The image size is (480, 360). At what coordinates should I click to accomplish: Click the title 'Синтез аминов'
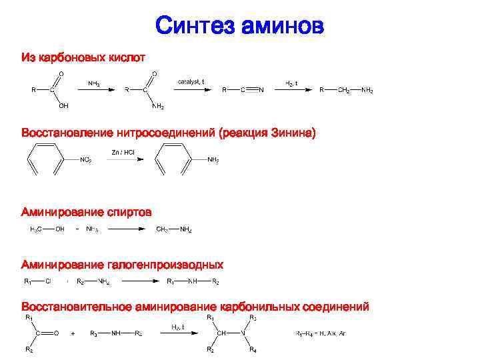tap(240, 26)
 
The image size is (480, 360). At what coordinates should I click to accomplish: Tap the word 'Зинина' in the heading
tap(293, 133)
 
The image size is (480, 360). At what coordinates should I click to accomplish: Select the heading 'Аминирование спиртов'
tap(87, 212)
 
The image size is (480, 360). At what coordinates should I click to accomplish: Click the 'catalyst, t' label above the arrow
tap(191, 81)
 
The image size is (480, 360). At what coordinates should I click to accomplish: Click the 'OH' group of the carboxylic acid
tap(63, 105)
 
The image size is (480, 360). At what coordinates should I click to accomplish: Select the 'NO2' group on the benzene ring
tap(85, 160)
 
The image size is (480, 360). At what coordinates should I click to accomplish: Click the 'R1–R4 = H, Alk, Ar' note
tap(321, 333)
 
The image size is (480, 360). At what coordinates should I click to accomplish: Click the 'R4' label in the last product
tap(253, 350)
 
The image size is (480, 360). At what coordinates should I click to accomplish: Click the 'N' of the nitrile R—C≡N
tap(261, 89)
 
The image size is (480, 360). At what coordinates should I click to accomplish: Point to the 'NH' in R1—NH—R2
tap(192, 281)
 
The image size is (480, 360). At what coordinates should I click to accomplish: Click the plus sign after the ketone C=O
tap(73, 333)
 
